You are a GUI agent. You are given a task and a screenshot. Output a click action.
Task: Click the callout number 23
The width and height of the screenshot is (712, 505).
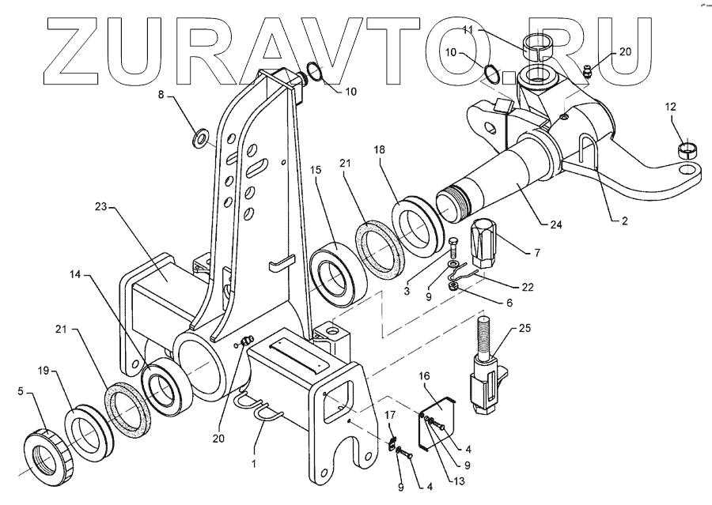[100, 208]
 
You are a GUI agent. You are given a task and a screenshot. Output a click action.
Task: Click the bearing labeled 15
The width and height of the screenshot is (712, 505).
[336, 273]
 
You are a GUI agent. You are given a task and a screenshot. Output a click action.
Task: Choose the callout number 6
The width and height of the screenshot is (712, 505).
[508, 302]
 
